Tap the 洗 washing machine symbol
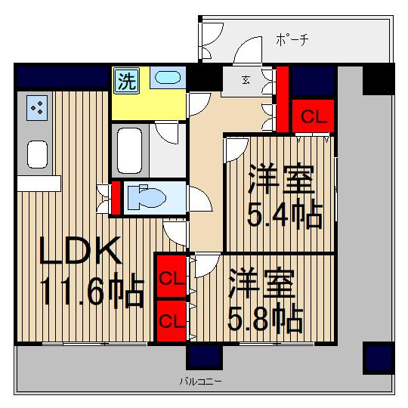pyautogui.click(x=127, y=81)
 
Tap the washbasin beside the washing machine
pyautogui.click(x=166, y=79)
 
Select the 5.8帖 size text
pyautogui.click(x=266, y=320)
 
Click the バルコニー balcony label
pyautogui.click(x=200, y=382)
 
